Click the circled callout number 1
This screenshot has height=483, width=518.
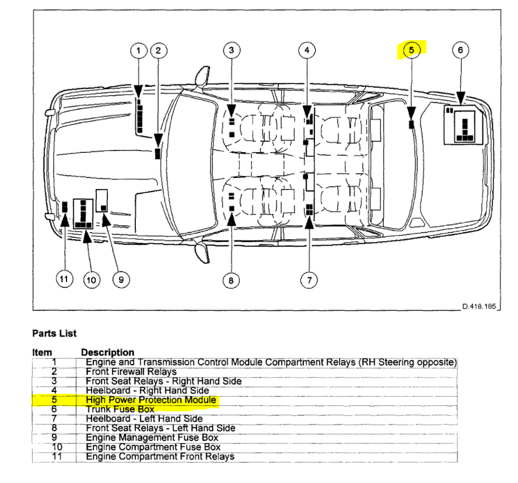tap(139, 51)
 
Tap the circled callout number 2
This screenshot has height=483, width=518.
tap(158, 51)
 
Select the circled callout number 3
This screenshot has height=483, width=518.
tap(232, 51)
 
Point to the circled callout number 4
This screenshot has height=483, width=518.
tap(307, 51)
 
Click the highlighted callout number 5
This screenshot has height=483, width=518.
tap(411, 51)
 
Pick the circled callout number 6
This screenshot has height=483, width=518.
tap(460, 51)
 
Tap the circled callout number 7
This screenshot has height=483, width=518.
tap(309, 281)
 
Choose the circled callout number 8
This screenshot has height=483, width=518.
tap(232, 281)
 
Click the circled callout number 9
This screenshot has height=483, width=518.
tap(121, 280)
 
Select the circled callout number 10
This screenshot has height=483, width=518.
tap(90, 280)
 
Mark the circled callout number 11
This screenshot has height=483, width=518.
tap(64, 280)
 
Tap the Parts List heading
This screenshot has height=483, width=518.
tap(54, 334)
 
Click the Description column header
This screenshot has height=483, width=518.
tap(107, 352)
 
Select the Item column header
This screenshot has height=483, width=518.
tap(42, 352)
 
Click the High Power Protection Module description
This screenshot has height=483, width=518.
tap(151, 400)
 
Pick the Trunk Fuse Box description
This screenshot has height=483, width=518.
tap(120, 409)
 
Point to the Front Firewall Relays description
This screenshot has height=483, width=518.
tap(131, 372)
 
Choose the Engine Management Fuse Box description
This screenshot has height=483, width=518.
tap(152, 437)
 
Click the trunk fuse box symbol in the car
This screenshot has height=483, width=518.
tap(465, 124)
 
